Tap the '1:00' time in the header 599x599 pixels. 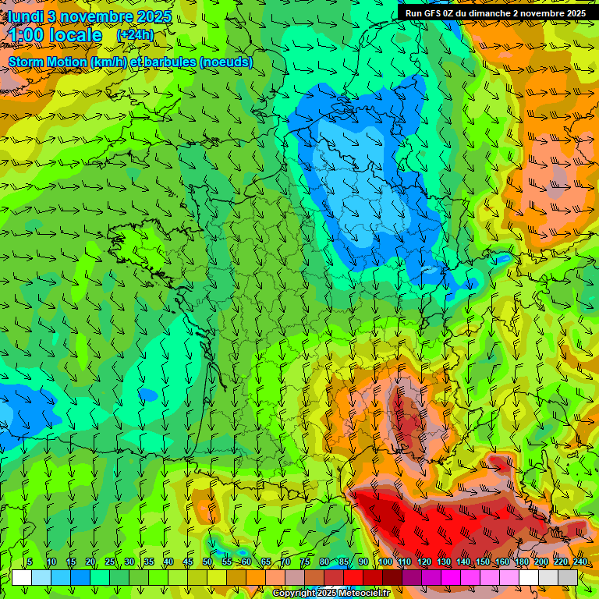pos(27,35)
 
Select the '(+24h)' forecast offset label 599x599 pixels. pos(135,35)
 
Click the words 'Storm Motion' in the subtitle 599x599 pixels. pos(48,62)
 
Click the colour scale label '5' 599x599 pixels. pos(29,562)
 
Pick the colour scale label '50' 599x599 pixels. pos(207,562)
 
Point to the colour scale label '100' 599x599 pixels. pos(385,562)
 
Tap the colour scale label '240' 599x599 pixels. pos(580,562)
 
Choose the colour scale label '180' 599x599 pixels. pos(521,562)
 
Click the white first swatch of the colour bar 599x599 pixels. pos(22,577)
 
